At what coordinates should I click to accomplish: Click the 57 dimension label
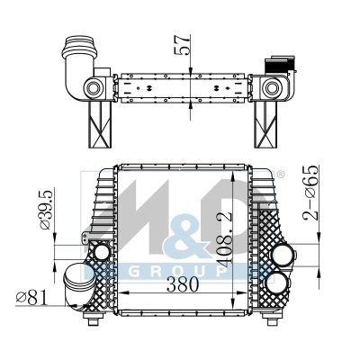tap(183, 45)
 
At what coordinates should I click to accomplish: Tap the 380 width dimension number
tap(183, 284)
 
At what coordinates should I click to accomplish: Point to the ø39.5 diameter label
tap(46, 209)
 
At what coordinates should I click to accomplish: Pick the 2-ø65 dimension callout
tap(310, 193)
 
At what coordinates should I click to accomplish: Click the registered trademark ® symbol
tap(280, 175)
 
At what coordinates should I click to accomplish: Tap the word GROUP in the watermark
tap(179, 272)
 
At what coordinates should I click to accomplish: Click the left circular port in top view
tap(94, 88)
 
